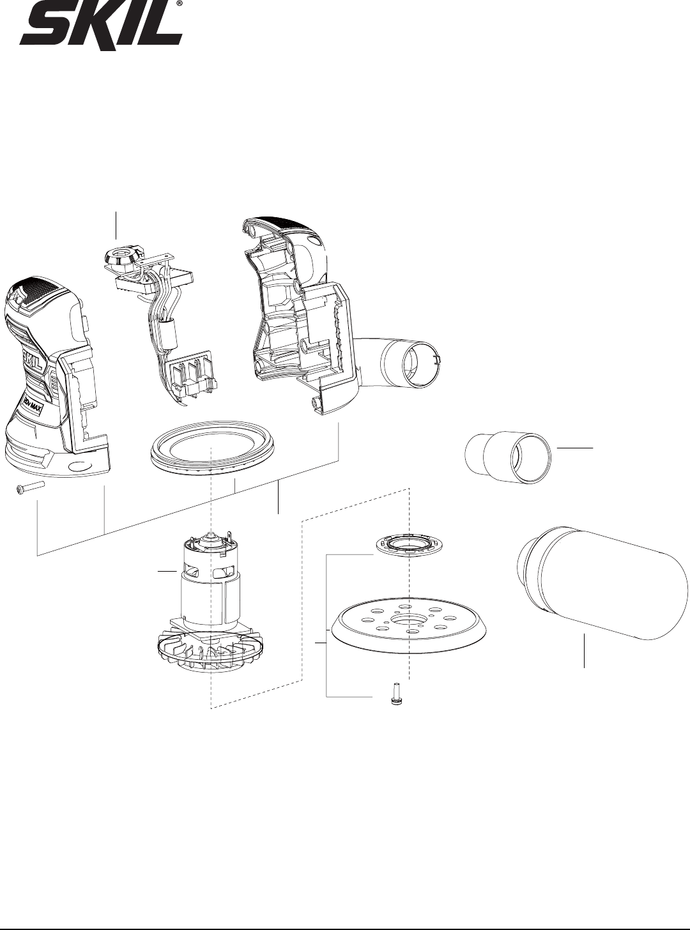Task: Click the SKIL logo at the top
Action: pyautogui.click(x=101, y=26)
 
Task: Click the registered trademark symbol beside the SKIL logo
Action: pyautogui.click(x=179, y=3)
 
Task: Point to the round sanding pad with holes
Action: pyautogui.click(x=410, y=624)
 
